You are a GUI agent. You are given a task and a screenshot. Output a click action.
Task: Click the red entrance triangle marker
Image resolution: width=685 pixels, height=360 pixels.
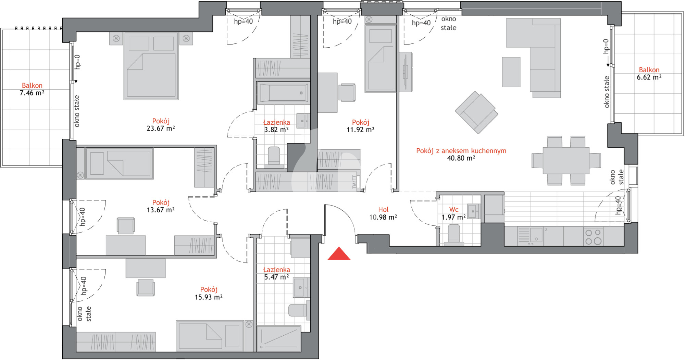(339, 254)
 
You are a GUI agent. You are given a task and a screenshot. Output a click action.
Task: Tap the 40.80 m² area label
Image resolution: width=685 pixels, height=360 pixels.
(461, 158)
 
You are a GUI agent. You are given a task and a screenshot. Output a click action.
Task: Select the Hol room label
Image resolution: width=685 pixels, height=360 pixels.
(383, 210)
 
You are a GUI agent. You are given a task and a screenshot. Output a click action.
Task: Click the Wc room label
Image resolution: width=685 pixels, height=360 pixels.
(454, 210)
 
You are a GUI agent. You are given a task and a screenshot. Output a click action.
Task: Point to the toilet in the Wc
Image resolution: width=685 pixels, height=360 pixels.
(454, 235)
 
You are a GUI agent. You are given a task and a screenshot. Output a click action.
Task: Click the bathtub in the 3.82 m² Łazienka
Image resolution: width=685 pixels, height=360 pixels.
(283, 92)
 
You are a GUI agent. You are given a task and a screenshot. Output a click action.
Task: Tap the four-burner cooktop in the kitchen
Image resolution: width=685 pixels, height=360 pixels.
(593, 236)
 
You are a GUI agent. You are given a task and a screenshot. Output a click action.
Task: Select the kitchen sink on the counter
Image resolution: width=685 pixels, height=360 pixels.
(531, 236)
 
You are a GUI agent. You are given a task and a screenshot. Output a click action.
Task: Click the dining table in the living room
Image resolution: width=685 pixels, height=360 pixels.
(566, 161)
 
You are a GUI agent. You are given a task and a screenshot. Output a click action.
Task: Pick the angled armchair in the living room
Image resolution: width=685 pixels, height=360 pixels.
(476, 112)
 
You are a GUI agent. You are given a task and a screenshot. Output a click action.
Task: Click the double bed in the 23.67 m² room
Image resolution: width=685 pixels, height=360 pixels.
(151, 66)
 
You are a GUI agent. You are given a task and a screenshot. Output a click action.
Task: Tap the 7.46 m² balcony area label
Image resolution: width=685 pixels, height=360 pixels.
(32, 93)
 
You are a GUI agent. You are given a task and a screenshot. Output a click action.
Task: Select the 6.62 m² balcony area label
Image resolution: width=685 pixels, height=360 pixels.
(649, 77)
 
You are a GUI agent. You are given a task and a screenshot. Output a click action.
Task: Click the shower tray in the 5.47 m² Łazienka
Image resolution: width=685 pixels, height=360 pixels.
(279, 339)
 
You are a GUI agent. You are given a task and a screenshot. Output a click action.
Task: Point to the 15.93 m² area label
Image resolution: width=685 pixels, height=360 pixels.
(209, 297)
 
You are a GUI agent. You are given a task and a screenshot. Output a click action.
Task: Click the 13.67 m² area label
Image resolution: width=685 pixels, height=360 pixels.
(161, 210)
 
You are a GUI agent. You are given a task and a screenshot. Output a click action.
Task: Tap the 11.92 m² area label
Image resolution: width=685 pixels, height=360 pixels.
(360, 130)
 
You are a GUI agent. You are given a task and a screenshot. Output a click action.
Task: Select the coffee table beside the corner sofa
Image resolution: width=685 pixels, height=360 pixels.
(511, 72)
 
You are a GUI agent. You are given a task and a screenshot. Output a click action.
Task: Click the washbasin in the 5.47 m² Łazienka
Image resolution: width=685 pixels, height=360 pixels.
(301, 287)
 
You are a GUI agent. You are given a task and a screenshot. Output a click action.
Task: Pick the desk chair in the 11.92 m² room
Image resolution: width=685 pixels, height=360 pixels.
(347, 92)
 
